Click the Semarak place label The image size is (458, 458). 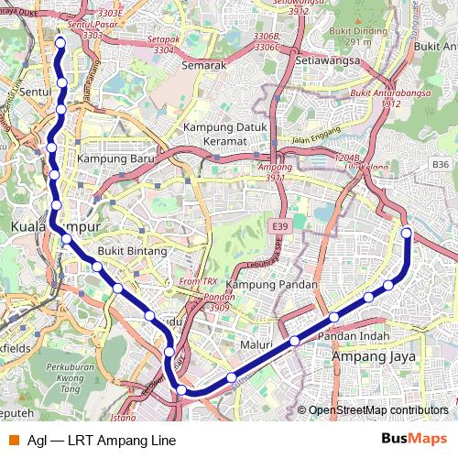[203, 66]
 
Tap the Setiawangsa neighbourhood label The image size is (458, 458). [324, 60]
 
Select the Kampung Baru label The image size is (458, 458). [115, 158]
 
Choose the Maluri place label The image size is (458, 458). [256, 344]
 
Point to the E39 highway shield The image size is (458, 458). [279, 226]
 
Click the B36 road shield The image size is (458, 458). [440, 163]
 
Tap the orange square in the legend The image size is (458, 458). [13, 441]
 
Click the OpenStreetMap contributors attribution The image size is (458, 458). [377, 410]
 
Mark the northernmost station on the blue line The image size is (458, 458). [60, 42]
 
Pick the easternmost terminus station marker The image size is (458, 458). [406, 233]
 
